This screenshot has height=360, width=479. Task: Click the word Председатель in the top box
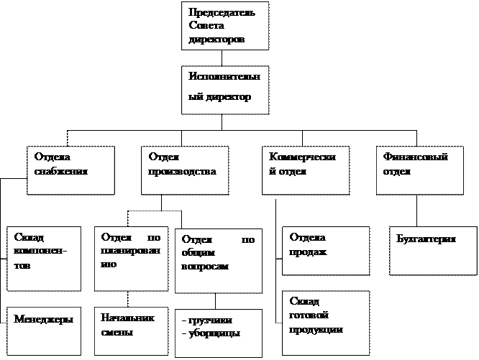(x=222, y=12)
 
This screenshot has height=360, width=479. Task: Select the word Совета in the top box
(x=206, y=25)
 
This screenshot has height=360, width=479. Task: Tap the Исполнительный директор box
(x=225, y=90)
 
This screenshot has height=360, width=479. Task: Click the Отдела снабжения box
(x=71, y=170)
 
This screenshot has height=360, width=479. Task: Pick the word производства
(x=182, y=172)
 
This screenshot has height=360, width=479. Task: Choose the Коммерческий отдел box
(x=306, y=170)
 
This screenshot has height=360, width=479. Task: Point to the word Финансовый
(x=416, y=157)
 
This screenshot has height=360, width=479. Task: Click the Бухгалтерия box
(x=433, y=251)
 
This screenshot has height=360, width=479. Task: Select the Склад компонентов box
(x=44, y=259)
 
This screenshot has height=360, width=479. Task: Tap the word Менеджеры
(x=43, y=320)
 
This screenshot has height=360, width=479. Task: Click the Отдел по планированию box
(x=132, y=259)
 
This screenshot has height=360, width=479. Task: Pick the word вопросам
(x=205, y=267)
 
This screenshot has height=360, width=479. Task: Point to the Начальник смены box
(x=132, y=331)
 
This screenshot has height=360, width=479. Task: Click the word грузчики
(x=211, y=320)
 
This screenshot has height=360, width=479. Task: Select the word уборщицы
(x=214, y=333)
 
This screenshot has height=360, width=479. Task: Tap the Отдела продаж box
(x=326, y=251)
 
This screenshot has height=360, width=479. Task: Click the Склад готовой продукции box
(x=326, y=323)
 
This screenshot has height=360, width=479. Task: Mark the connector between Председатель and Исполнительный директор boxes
(x=222, y=58)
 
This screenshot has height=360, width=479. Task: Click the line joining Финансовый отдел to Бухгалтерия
(x=416, y=211)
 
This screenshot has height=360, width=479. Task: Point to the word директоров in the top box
(x=216, y=40)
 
